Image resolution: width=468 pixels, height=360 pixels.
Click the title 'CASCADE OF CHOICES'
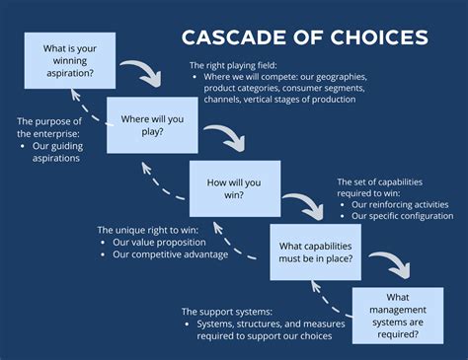pos(304,38)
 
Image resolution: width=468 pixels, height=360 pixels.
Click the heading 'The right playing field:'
pos(233,65)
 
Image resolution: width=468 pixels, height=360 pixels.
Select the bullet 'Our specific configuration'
pos(402,216)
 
